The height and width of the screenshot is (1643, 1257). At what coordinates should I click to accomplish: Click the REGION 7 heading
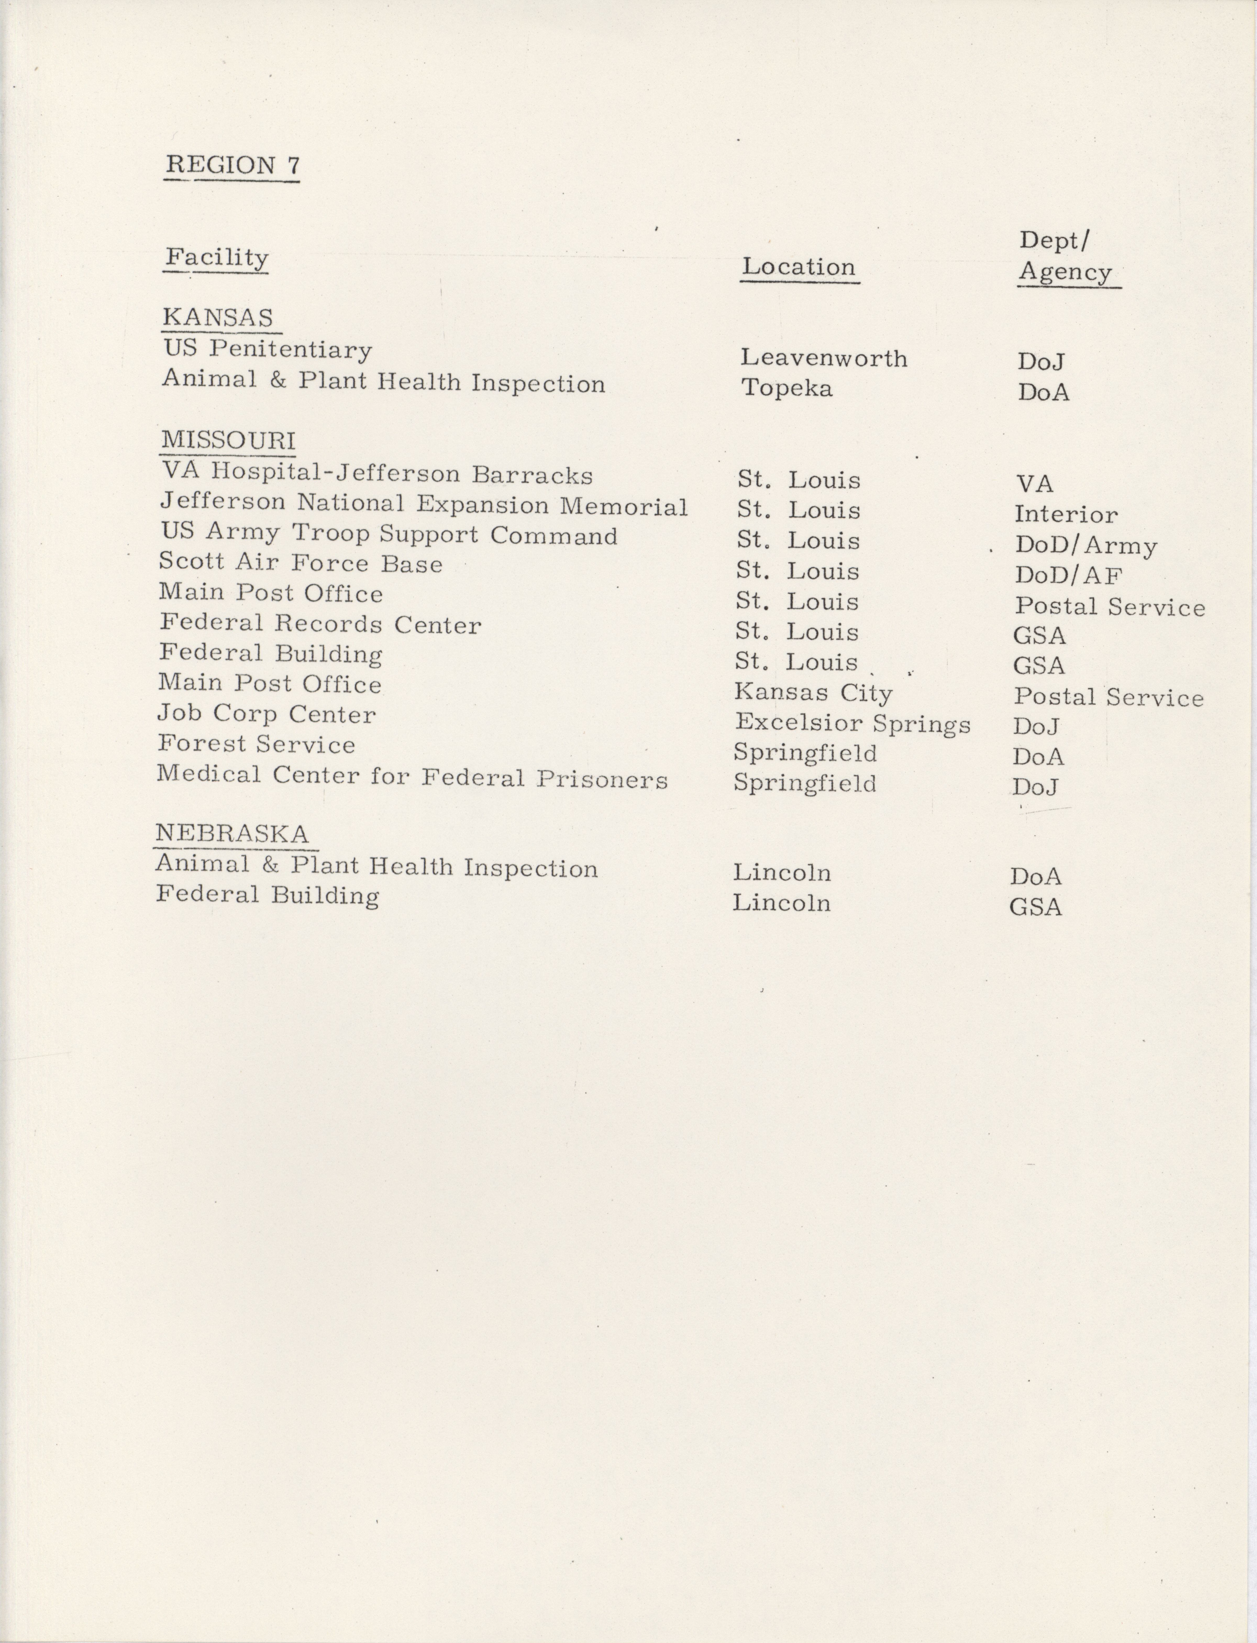(x=232, y=165)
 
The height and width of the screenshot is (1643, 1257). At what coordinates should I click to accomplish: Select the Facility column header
(x=216, y=258)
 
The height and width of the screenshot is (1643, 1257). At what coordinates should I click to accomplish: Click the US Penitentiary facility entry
(x=268, y=349)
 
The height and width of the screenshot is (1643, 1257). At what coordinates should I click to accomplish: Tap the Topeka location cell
(x=786, y=388)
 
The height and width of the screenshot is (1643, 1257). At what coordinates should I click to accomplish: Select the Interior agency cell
(x=1065, y=514)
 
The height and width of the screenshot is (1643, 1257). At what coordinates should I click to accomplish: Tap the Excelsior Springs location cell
(x=852, y=723)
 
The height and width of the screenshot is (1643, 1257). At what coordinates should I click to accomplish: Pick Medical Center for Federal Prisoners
(x=412, y=777)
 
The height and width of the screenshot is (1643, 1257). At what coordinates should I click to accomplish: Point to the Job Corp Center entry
(x=266, y=713)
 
